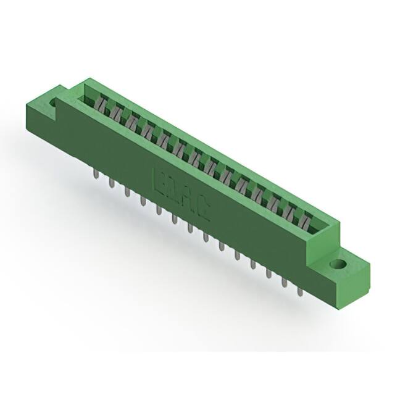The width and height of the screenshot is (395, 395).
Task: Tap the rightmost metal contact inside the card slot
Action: pyautogui.click(x=307, y=218)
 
